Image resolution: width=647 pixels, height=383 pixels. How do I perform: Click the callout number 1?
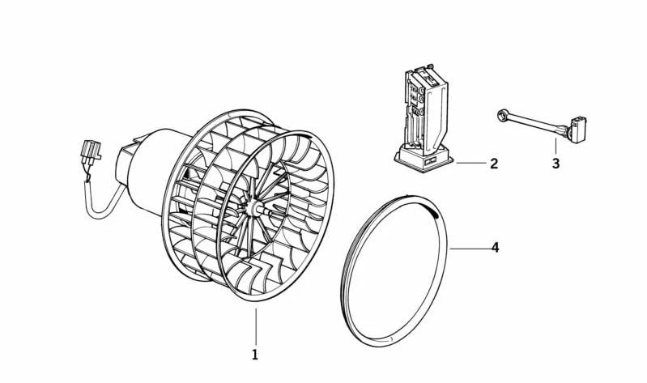point(255,355)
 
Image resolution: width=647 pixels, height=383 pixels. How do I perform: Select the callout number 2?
point(494,164)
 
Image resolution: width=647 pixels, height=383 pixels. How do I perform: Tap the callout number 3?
point(555,164)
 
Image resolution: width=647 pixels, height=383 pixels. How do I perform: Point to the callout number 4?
point(495,248)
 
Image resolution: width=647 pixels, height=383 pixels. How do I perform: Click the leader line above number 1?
point(256,326)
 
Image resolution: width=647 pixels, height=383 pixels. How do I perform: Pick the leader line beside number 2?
point(471,164)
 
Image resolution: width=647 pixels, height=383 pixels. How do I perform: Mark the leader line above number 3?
point(555,146)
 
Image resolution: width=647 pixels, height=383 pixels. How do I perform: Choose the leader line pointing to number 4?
point(470,249)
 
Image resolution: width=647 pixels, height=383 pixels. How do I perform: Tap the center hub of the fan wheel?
point(252,207)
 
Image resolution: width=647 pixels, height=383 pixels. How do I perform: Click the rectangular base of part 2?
point(424,158)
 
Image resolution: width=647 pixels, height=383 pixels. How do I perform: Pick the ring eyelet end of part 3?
point(504,116)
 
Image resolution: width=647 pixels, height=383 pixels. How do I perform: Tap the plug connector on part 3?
point(577,130)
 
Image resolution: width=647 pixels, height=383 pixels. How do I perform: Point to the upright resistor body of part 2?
point(426,108)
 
